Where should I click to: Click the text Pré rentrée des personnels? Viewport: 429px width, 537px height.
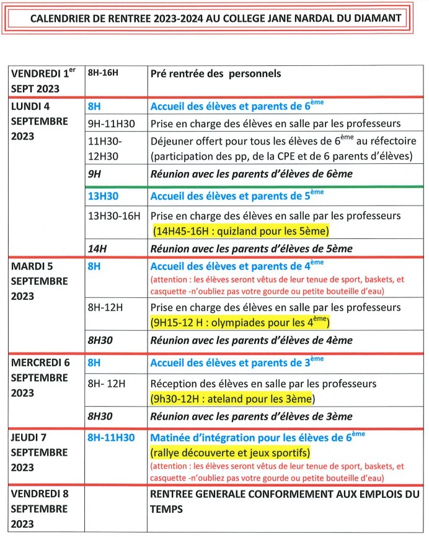coord(216,73)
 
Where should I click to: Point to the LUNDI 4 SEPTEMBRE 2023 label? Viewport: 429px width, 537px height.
coord(40,121)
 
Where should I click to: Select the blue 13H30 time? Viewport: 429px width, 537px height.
coord(102,196)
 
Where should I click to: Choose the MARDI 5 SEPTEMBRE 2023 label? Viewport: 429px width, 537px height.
coord(40,281)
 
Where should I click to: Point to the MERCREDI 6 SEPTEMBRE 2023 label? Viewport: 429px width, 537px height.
coord(40,377)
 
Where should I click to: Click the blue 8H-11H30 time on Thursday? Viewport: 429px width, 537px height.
coord(111,438)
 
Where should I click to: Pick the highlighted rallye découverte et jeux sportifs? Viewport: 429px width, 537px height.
coord(230,452)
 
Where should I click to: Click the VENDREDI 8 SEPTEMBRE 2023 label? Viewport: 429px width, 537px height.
coord(40,508)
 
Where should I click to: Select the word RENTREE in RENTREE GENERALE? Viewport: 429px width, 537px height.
coord(172,495)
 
